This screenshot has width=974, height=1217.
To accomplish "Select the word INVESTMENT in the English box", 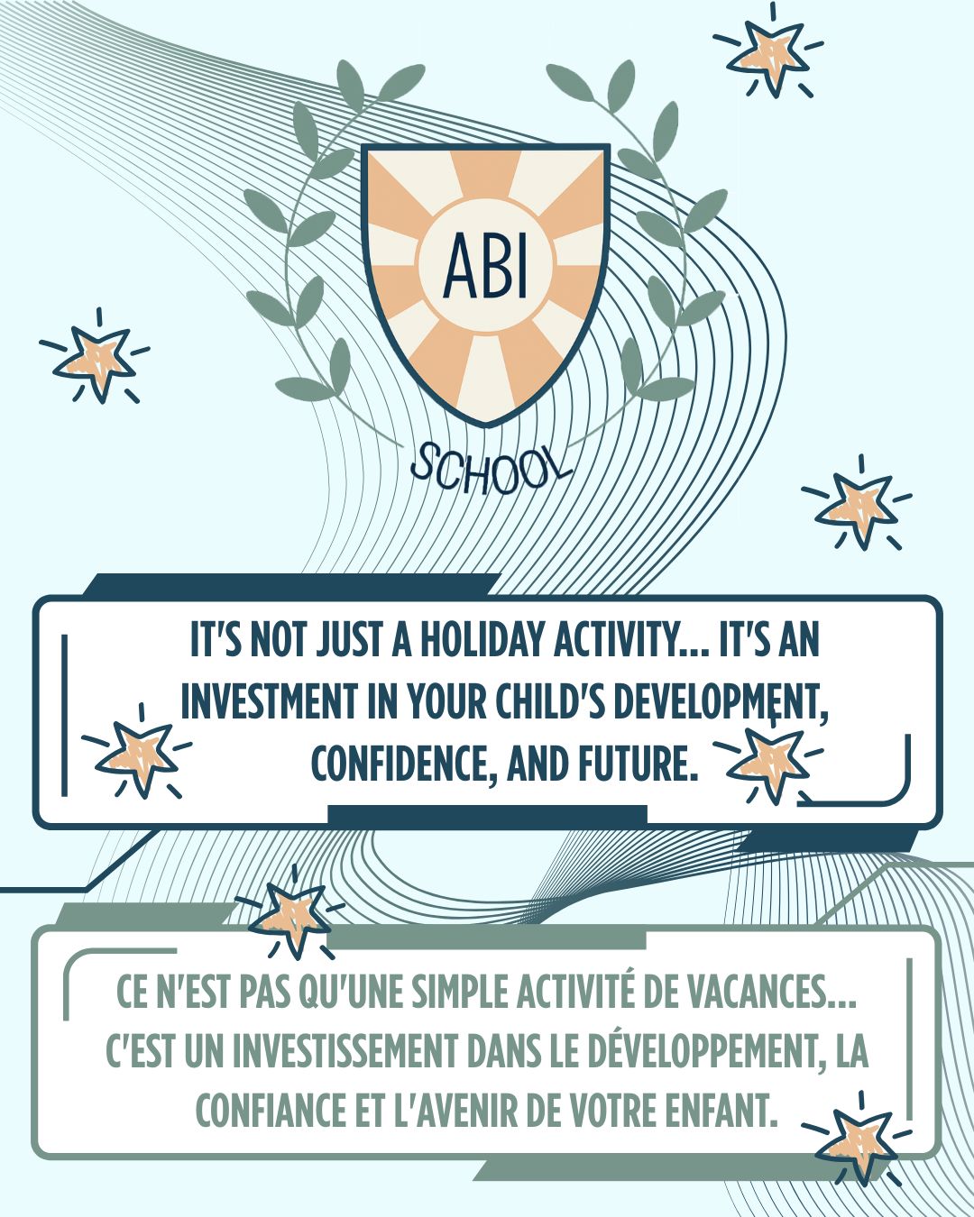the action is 271,702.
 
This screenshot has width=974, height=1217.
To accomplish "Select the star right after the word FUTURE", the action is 768,761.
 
